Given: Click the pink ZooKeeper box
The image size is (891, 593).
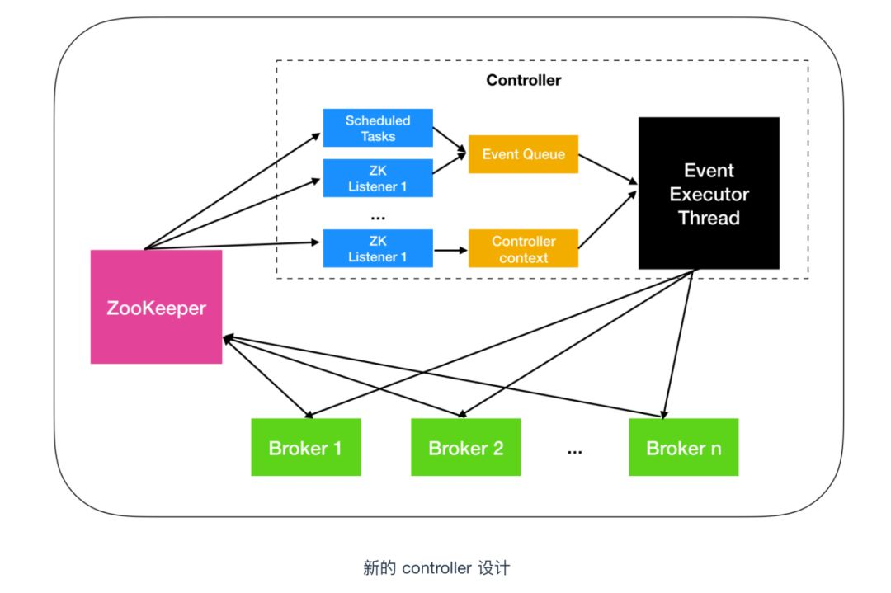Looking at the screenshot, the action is [156, 307].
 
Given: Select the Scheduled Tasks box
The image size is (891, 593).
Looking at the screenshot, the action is [378, 128].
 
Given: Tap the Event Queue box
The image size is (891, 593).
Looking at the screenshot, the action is [523, 154].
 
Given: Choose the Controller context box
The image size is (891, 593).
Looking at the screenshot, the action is [523, 248].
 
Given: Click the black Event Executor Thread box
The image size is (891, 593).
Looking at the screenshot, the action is [709, 193].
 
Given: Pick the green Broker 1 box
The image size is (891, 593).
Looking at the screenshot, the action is [306, 447].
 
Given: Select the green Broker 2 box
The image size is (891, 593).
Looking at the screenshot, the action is [466, 447].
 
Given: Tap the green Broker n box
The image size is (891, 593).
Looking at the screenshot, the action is [684, 447].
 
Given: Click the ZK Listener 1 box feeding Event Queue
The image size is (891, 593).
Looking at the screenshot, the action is [378, 178].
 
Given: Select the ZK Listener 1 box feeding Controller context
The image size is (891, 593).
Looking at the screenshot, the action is [378, 248].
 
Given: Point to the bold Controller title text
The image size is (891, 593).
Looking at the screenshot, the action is [523, 80].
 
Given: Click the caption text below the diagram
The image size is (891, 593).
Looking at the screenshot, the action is [436, 567].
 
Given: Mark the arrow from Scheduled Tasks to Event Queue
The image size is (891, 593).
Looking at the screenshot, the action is [450, 140].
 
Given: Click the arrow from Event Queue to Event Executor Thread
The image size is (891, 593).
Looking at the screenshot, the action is [608, 169].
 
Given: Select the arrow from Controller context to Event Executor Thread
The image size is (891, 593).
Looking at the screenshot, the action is [607, 220].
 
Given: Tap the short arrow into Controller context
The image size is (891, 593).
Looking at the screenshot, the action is [450, 250].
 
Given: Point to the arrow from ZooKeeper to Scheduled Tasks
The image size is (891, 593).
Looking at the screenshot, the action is [233, 191].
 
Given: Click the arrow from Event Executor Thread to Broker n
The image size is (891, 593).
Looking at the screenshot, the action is [678, 345].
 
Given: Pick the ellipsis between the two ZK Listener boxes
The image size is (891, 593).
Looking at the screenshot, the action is [378, 218].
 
